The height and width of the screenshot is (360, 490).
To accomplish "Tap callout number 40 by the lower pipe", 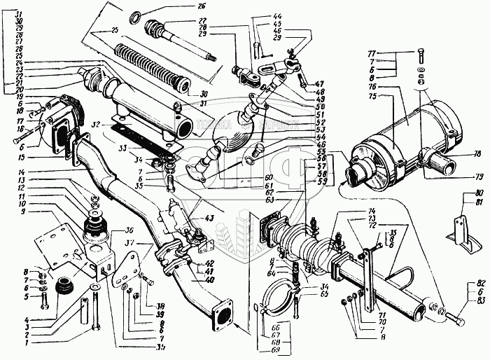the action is coord(208,282).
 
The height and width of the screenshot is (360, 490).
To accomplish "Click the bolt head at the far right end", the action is coord(458,320).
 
